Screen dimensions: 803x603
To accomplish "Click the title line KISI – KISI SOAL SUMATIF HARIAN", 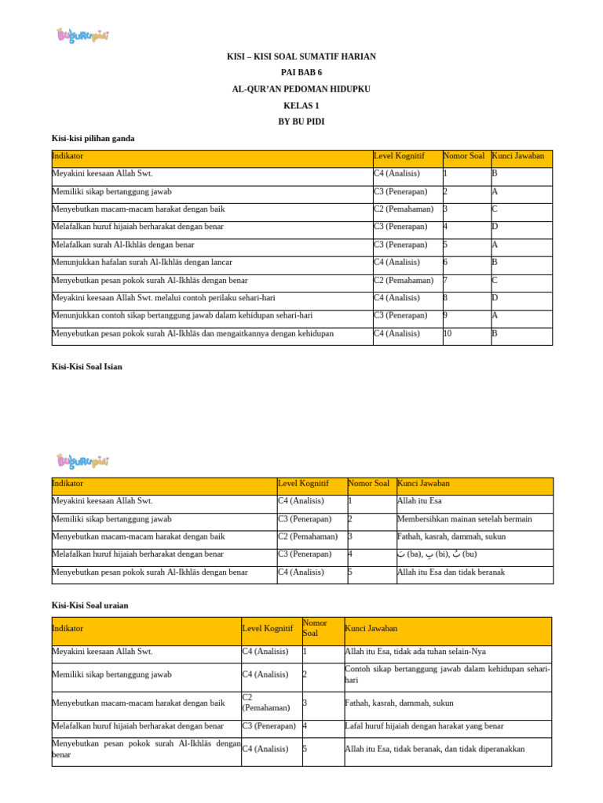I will pyautogui.click(x=302, y=56).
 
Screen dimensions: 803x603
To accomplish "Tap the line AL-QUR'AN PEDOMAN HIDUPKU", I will pyautogui.click(x=302, y=89).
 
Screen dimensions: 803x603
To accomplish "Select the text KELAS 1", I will pyautogui.click(x=302, y=105).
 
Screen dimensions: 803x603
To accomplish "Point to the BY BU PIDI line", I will pyautogui.click(x=302, y=122).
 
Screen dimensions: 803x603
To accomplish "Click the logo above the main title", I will pyautogui.click(x=82, y=35).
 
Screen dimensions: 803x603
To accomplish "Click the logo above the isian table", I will pyautogui.click(x=82, y=460).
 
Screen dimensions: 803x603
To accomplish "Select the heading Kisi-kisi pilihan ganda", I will pyautogui.click(x=93, y=138).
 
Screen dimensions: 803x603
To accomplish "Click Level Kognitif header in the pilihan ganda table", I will pyautogui.click(x=399, y=156).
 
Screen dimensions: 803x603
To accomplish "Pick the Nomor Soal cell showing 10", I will pyautogui.click(x=448, y=333).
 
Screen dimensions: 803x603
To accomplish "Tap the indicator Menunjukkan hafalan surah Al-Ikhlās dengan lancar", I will pyautogui.click(x=141, y=262).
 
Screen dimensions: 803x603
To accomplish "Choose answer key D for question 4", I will pyautogui.click(x=495, y=227).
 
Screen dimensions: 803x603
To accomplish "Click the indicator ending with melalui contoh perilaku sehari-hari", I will pyautogui.click(x=163, y=298).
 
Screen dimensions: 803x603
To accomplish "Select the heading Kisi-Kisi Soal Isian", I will pyautogui.click(x=86, y=366).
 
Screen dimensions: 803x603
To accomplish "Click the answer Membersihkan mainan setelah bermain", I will pyautogui.click(x=464, y=519).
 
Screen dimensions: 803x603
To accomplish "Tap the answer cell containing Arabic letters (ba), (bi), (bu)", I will pyautogui.click(x=437, y=554).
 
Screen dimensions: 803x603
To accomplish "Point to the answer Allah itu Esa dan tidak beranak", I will pyautogui.click(x=451, y=572).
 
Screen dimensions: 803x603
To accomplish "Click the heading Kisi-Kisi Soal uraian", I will pyautogui.click(x=90, y=605).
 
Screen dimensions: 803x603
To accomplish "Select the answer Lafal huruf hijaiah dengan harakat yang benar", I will pyautogui.click(x=424, y=726).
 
